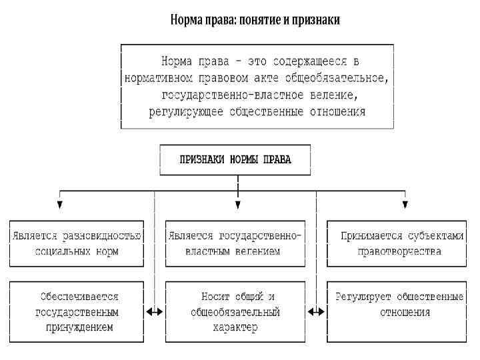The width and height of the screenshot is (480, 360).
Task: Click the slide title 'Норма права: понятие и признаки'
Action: pyautogui.click(x=255, y=21)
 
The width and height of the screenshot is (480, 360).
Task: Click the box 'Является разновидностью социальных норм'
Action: pyautogui.click(x=76, y=244)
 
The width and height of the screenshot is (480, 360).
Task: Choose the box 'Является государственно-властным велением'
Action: pyautogui.click(x=235, y=244)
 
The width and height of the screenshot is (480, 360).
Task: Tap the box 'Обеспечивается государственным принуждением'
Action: pyautogui.click(x=76, y=311)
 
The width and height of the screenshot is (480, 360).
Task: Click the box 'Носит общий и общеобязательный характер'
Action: pyautogui.click(x=235, y=311)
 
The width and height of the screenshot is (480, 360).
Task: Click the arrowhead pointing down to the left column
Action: pyautogui.click(x=60, y=204)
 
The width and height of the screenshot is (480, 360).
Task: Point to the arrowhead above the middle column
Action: pyautogui.click(x=237, y=204)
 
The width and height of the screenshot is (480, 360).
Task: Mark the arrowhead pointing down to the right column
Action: pyautogui.click(x=404, y=204)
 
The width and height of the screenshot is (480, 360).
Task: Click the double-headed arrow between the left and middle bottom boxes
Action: pyautogui.click(x=155, y=311)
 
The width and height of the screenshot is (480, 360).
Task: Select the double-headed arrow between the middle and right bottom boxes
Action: pyautogui.click(x=317, y=311)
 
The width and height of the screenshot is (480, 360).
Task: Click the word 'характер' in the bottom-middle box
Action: pyautogui.click(x=235, y=327)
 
